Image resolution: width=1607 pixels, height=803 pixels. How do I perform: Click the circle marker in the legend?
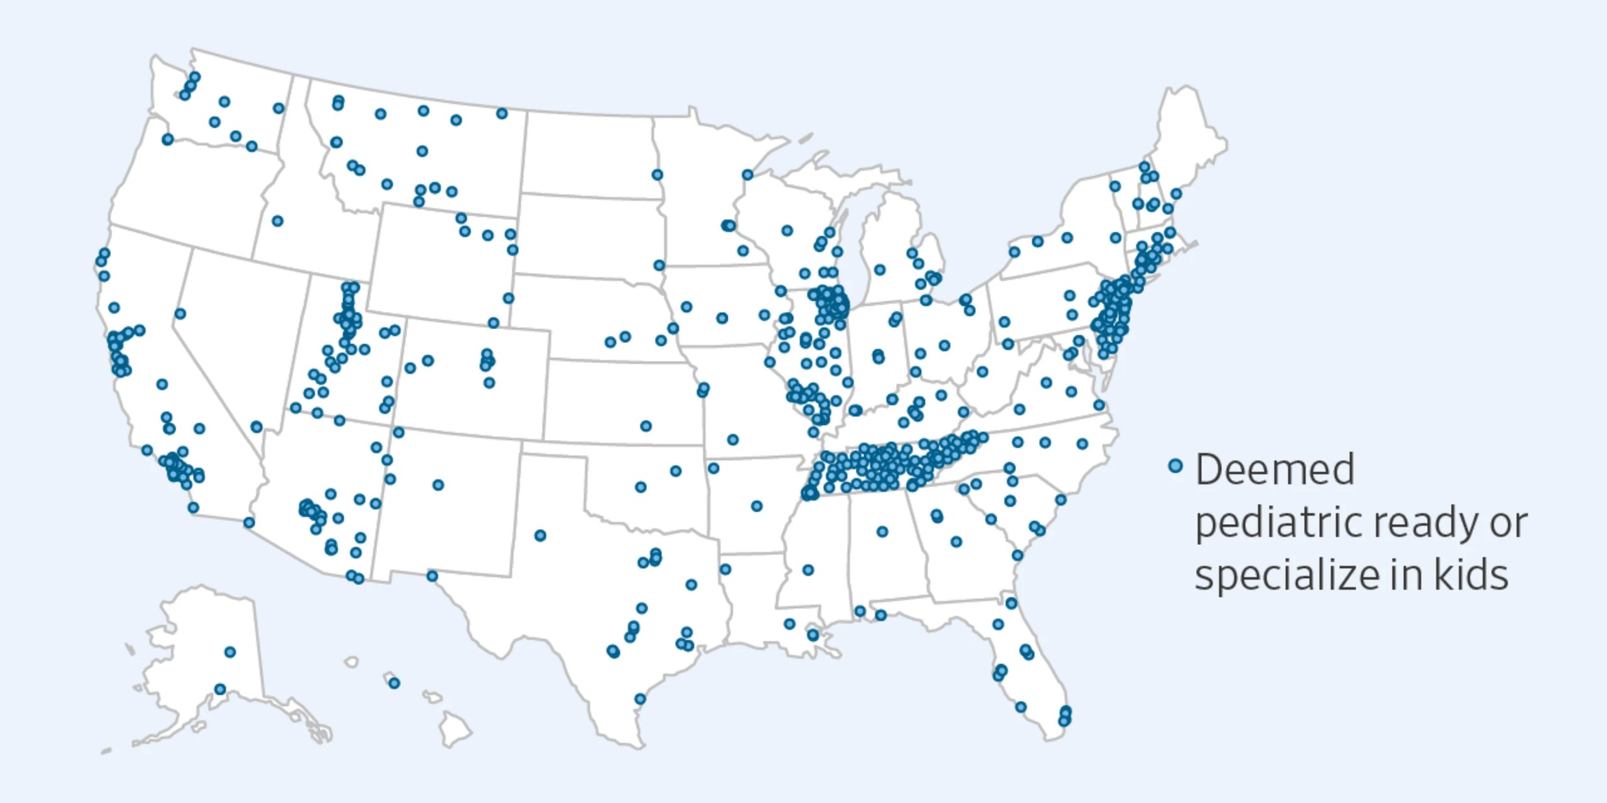[1175, 465]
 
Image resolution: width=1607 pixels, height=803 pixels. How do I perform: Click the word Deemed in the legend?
[1274, 469]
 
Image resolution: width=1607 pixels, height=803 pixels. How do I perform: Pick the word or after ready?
[1509, 523]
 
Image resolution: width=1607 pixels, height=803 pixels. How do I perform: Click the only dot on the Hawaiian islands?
[394, 683]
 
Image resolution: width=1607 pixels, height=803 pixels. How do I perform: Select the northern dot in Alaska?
[230, 652]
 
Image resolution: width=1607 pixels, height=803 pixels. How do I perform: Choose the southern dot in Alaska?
[220, 689]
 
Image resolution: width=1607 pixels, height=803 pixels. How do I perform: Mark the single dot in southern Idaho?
[277, 221]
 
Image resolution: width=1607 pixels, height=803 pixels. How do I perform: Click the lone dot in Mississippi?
[808, 570]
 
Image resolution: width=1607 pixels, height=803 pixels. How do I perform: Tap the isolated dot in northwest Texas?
[540, 535]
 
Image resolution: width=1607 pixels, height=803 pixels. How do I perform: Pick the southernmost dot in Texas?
[640, 699]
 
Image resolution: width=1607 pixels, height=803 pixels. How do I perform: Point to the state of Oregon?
[188, 188]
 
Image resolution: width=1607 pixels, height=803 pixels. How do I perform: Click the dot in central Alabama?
[882, 531]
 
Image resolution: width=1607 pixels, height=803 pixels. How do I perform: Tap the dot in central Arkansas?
[756, 506]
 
